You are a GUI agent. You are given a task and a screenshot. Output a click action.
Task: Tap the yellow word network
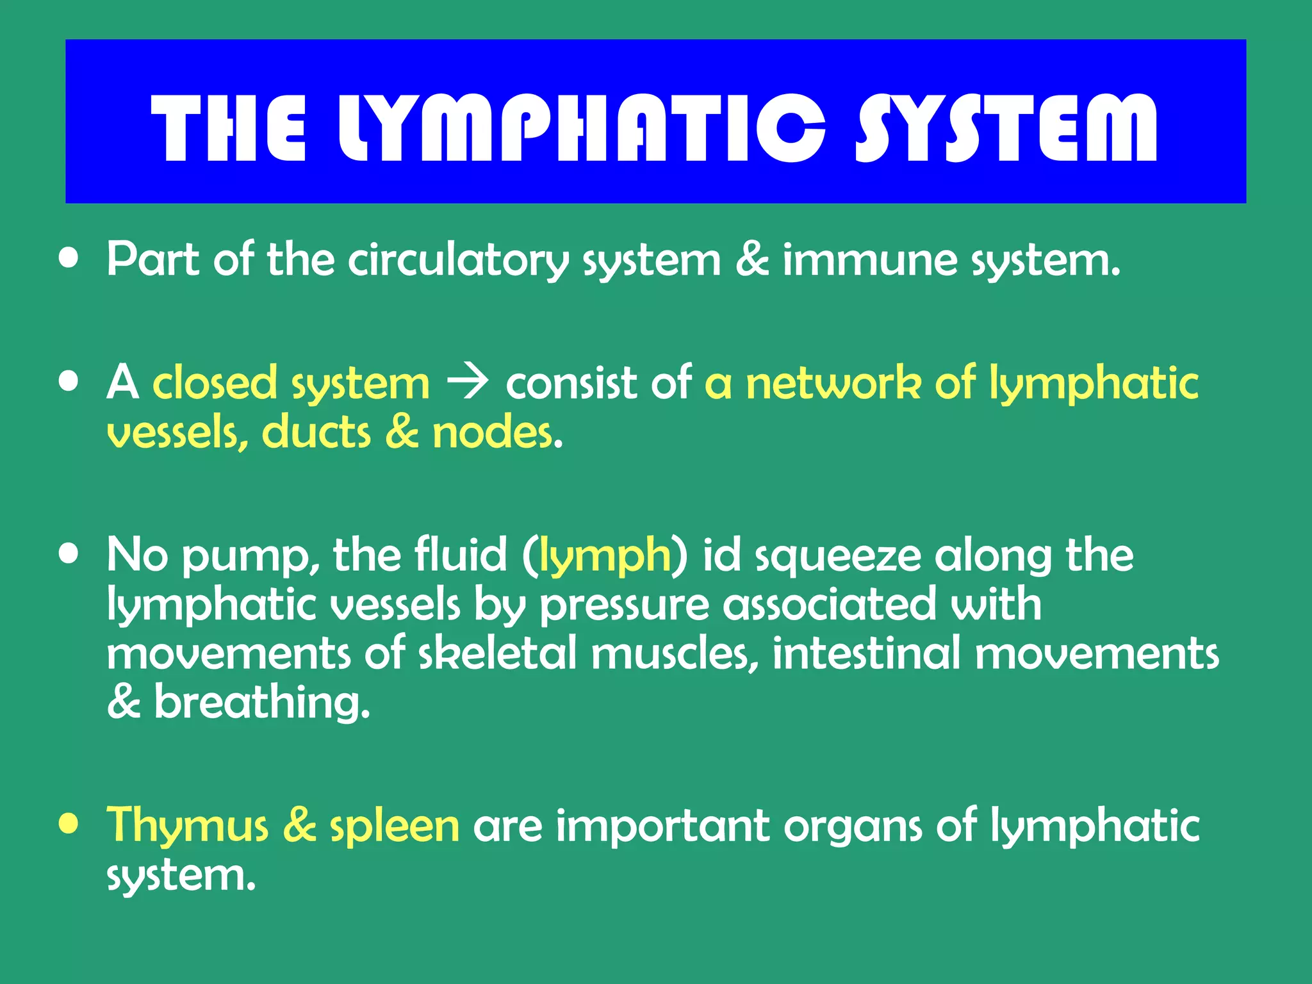[x=833, y=383]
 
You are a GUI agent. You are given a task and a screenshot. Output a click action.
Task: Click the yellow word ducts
[x=316, y=432]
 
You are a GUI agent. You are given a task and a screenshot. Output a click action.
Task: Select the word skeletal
[x=497, y=653]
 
